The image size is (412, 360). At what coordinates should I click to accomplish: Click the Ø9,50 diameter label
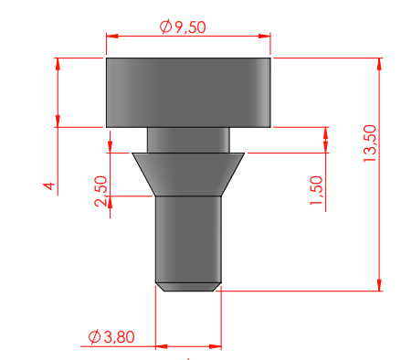[x=183, y=27]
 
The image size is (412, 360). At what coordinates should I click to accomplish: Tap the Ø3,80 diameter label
[x=111, y=337]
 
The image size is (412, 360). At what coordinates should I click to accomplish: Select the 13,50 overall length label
[x=370, y=143]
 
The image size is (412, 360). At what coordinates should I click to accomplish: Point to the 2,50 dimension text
[x=101, y=191]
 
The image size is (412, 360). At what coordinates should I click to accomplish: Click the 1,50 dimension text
[x=316, y=190]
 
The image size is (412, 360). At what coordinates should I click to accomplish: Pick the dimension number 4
[x=49, y=185]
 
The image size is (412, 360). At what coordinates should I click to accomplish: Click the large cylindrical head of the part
[x=188, y=92]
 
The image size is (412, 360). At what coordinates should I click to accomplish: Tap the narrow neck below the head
[x=188, y=140]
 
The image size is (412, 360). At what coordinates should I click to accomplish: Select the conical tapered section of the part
[x=188, y=175]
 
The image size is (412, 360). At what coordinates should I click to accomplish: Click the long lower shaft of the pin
[x=188, y=239]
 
